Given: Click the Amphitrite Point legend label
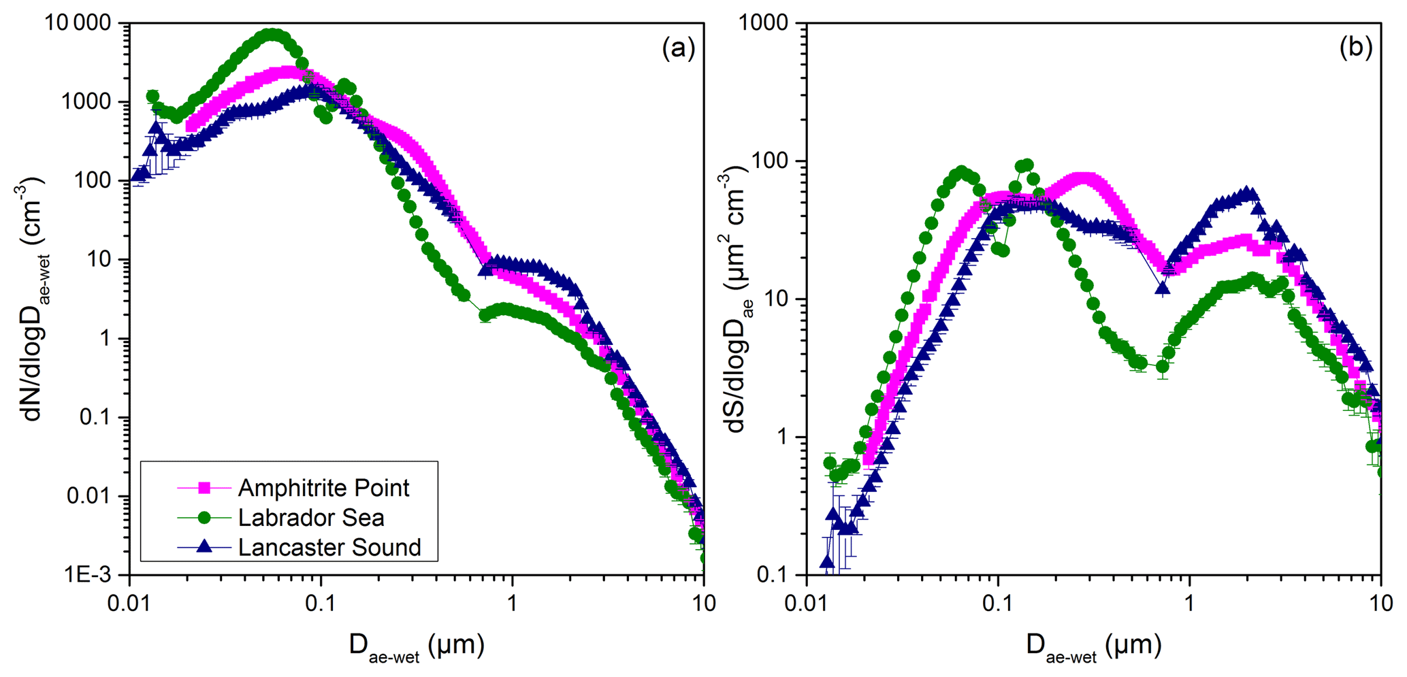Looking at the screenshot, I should click(323, 488).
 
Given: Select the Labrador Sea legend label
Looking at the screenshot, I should click(311, 518).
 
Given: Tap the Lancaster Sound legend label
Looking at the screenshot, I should click(329, 547).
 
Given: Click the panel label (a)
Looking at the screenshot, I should click(678, 48).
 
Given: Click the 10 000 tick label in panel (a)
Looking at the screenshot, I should click(77, 23).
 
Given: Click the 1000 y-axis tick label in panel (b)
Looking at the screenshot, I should click(766, 23).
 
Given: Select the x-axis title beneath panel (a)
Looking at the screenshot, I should click(417, 645).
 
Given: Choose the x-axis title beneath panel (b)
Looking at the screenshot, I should click(1094, 645).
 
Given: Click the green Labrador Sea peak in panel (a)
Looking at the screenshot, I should click(272, 35).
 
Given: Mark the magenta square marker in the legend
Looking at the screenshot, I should click(204, 488).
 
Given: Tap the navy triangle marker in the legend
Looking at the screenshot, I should click(204, 546).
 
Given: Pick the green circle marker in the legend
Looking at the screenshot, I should click(204, 518).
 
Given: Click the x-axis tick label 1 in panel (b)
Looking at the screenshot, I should click(1189, 603).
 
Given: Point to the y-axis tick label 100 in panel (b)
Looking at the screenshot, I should click(773, 161).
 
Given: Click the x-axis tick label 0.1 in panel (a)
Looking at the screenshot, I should click(321, 603).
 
